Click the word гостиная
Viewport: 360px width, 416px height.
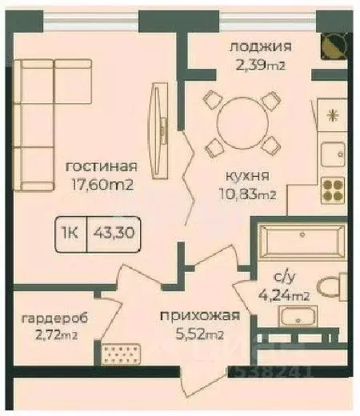pyautogui.click(x=100, y=166)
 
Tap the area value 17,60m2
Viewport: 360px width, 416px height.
pyautogui.click(x=100, y=184)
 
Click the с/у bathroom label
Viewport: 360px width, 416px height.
pyautogui.click(x=288, y=278)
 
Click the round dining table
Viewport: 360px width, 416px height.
pyautogui.click(x=241, y=121)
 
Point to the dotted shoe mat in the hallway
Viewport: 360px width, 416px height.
pyautogui.click(x=122, y=350)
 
